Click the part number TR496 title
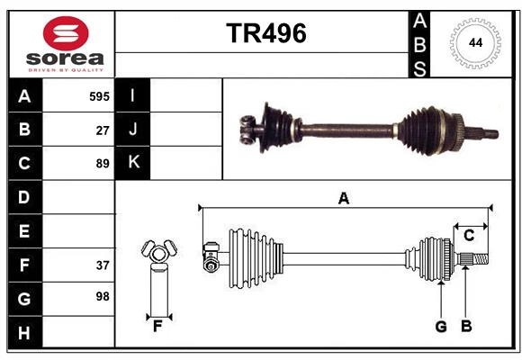(265, 33)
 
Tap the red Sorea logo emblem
(66, 35)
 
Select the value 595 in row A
(99, 96)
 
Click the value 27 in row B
(103, 130)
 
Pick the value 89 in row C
(103, 164)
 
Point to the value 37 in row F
(103, 265)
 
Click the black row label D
(24, 197)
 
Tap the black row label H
(24, 333)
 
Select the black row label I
(132, 96)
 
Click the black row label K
(133, 163)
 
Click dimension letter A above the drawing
(343, 198)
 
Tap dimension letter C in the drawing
(469, 236)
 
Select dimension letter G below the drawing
(441, 327)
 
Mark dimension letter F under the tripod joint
(157, 326)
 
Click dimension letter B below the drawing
(465, 327)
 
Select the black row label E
(24, 231)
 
